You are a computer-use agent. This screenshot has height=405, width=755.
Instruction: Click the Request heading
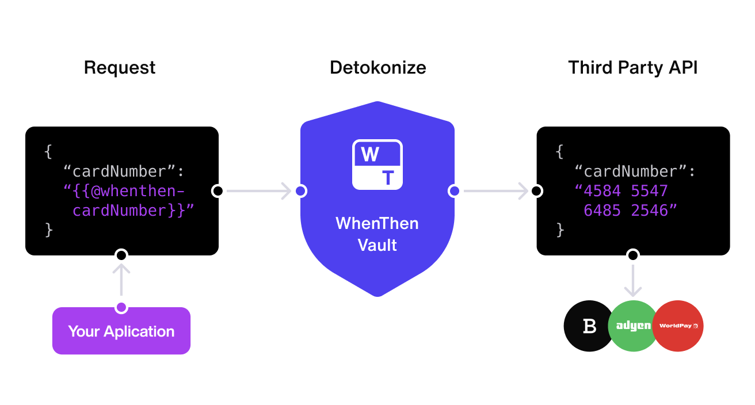click(x=120, y=68)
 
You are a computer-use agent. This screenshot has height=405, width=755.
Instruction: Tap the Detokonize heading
click(x=377, y=68)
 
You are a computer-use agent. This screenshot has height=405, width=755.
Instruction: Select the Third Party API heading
click(x=632, y=68)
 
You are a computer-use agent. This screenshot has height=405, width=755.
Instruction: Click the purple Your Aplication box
click(x=121, y=331)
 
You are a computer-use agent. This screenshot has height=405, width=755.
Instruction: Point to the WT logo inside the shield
click(x=377, y=165)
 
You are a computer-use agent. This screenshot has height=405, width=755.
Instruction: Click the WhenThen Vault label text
click(x=377, y=234)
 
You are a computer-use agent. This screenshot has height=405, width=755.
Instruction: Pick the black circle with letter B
click(x=589, y=326)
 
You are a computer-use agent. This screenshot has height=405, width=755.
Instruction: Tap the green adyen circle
click(x=633, y=326)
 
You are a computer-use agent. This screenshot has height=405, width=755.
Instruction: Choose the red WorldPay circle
click(x=678, y=326)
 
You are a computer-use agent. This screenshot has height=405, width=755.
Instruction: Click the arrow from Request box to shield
click(x=259, y=191)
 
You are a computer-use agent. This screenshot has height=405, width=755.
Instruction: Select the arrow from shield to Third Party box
click(x=495, y=191)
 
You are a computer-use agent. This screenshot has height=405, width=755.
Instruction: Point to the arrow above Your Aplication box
click(x=121, y=279)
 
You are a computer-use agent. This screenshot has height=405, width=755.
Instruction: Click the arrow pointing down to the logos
click(x=633, y=280)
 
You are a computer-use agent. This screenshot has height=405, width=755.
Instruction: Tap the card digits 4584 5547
click(x=626, y=191)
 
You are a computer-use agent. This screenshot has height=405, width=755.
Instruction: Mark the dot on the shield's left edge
click(x=300, y=191)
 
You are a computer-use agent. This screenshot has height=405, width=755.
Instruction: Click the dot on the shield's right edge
click(x=454, y=191)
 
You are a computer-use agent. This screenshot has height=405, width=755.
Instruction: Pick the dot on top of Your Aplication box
click(x=121, y=308)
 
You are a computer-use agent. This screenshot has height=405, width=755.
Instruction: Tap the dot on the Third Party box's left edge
click(x=537, y=191)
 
